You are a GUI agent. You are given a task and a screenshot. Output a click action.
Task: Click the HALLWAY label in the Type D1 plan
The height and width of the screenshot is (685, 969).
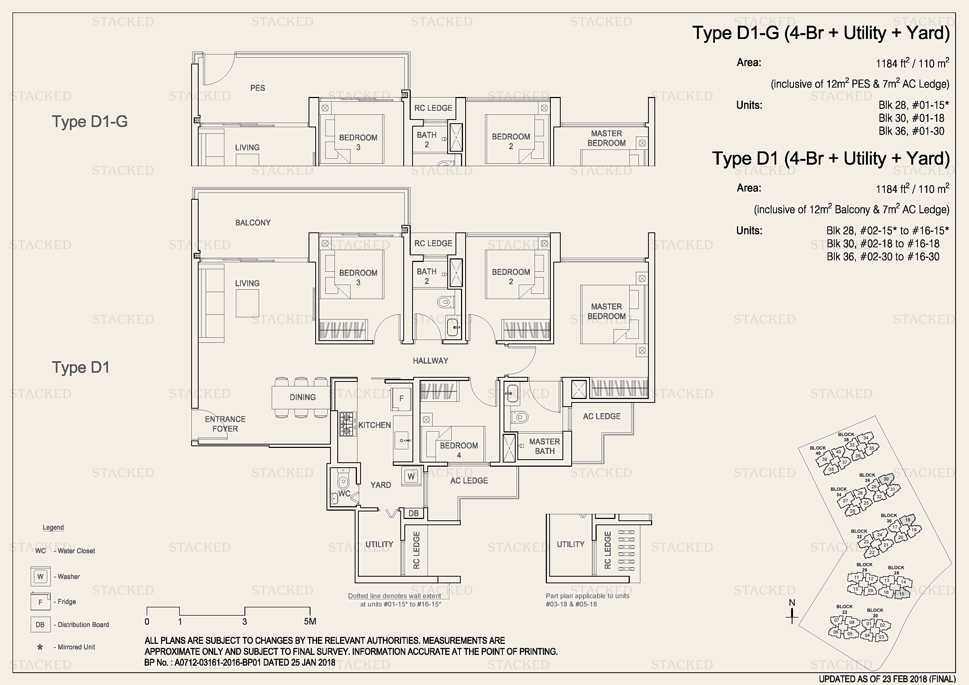pos(430,360)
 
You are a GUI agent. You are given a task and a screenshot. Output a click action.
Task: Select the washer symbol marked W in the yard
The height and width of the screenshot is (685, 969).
pos(411,476)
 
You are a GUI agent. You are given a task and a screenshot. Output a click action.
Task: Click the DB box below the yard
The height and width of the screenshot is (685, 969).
pos(414,513)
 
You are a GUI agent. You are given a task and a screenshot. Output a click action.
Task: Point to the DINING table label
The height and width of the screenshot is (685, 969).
pos(302,397)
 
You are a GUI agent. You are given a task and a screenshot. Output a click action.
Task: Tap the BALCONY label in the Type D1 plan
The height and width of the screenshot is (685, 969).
pos(253,222)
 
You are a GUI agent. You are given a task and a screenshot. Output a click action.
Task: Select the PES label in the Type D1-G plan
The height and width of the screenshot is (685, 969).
pos(257,88)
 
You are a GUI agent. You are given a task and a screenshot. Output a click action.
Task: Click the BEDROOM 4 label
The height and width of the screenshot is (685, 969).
pos(459,450)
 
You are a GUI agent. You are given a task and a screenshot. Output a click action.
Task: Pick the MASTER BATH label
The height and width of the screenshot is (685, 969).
pos(544,446)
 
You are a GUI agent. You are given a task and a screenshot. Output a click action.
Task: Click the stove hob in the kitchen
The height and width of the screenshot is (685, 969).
pos(347,424)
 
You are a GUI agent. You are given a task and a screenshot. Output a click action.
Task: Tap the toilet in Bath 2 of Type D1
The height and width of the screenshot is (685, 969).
pos(444,302)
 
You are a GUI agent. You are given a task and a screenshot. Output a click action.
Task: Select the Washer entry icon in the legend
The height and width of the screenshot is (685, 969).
pos(41,576)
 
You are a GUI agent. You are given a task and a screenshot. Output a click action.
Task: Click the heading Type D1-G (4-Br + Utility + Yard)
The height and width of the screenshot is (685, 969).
pos(821,33)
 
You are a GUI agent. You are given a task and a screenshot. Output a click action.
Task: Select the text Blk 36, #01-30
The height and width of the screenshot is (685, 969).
pos(911,131)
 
